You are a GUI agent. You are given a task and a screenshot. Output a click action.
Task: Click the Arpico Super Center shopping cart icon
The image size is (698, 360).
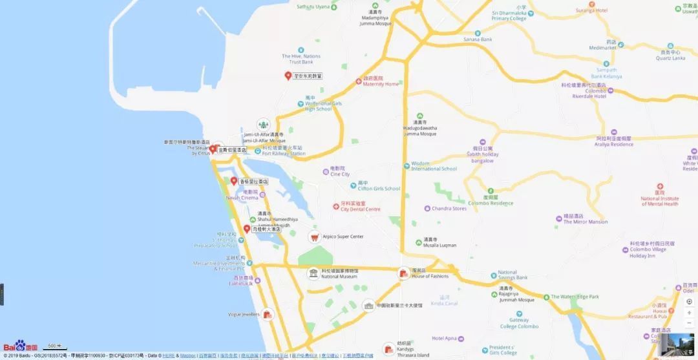(314, 237)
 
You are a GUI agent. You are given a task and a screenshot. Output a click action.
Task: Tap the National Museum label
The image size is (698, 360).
(339, 277)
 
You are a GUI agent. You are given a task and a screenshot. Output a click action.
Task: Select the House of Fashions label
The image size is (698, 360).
(430, 276)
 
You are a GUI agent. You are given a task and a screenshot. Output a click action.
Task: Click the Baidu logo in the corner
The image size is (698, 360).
(20, 347)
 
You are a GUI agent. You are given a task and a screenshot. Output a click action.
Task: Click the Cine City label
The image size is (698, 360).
(340, 175)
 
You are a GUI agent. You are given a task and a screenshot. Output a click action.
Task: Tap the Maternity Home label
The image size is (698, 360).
(381, 84)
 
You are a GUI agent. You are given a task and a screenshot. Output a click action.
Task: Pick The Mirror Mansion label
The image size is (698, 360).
(586, 222)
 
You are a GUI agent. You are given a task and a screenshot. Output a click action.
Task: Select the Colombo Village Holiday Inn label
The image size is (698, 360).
(651, 253)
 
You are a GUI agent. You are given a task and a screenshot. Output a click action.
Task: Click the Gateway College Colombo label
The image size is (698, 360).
(518, 323)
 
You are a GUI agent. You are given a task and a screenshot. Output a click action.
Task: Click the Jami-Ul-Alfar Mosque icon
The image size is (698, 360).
(263, 124)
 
